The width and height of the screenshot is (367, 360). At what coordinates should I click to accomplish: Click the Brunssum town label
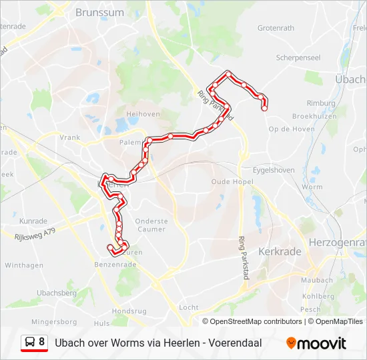(x=99, y=12)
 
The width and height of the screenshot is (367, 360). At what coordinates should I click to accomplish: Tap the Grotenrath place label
(x=276, y=28)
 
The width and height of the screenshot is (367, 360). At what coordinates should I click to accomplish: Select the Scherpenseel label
(x=298, y=58)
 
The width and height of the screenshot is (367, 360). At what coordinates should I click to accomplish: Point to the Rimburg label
(x=321, y=103)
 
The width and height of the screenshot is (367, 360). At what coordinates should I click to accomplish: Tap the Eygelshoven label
(x=274, y=170)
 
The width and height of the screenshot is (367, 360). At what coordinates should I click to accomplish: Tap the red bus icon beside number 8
(x=30, y=343)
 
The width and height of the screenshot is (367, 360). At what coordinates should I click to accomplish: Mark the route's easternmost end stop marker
(x=265, y=107)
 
